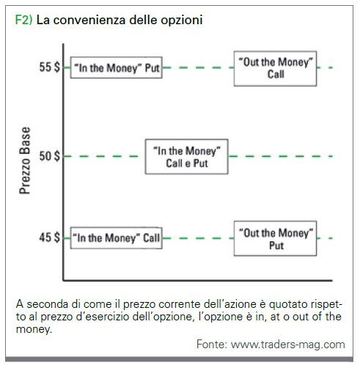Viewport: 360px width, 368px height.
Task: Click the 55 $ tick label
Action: click(49, 67)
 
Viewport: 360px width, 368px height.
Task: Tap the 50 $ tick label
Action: click(49, 156)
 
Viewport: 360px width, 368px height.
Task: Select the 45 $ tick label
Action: click(49, 238)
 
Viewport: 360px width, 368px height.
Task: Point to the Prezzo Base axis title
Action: click(25, 161)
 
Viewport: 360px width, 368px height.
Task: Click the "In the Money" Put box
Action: click(117, 67)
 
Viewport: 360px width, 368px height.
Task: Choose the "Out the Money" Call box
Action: click(276, 68)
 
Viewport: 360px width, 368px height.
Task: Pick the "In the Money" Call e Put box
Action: click(187, 157)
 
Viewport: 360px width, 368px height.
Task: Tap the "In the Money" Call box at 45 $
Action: click(117, 238)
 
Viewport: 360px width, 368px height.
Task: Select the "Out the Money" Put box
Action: click(276, 238)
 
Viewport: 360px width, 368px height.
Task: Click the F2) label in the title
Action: click(23, 20)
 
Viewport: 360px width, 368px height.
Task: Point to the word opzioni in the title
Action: click(182, 21)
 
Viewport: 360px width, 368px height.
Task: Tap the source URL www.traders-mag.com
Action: click(288, 345)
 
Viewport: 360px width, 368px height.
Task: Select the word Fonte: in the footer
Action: click(212, 345)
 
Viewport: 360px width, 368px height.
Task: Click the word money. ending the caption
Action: click(34, 329)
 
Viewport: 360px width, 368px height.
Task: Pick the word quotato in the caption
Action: click(288, 305)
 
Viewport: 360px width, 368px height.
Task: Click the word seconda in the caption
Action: click(48, 304)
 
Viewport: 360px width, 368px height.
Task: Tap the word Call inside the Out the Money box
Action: click(276, 74)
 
